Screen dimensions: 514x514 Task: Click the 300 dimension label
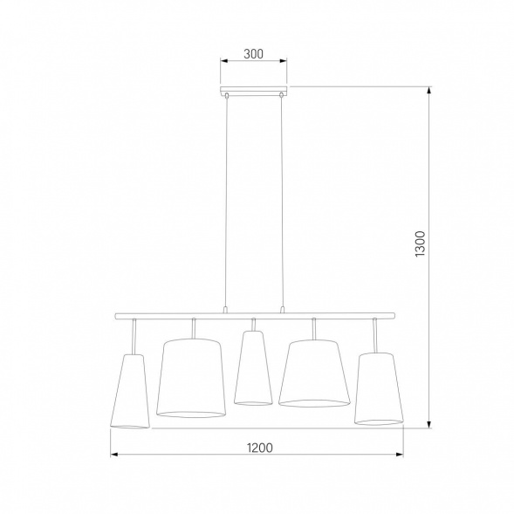click(253, 54)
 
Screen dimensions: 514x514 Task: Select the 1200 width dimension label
click(257, 448)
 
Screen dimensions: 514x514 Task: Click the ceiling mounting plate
click(253, 90)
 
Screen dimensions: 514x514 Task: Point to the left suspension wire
click(226, 201)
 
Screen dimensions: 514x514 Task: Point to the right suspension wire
click(281, 201)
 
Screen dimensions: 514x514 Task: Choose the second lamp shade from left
click(191, 377)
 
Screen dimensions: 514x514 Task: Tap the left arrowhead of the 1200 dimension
click(114, 456)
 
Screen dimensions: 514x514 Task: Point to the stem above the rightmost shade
click(374, 335)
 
